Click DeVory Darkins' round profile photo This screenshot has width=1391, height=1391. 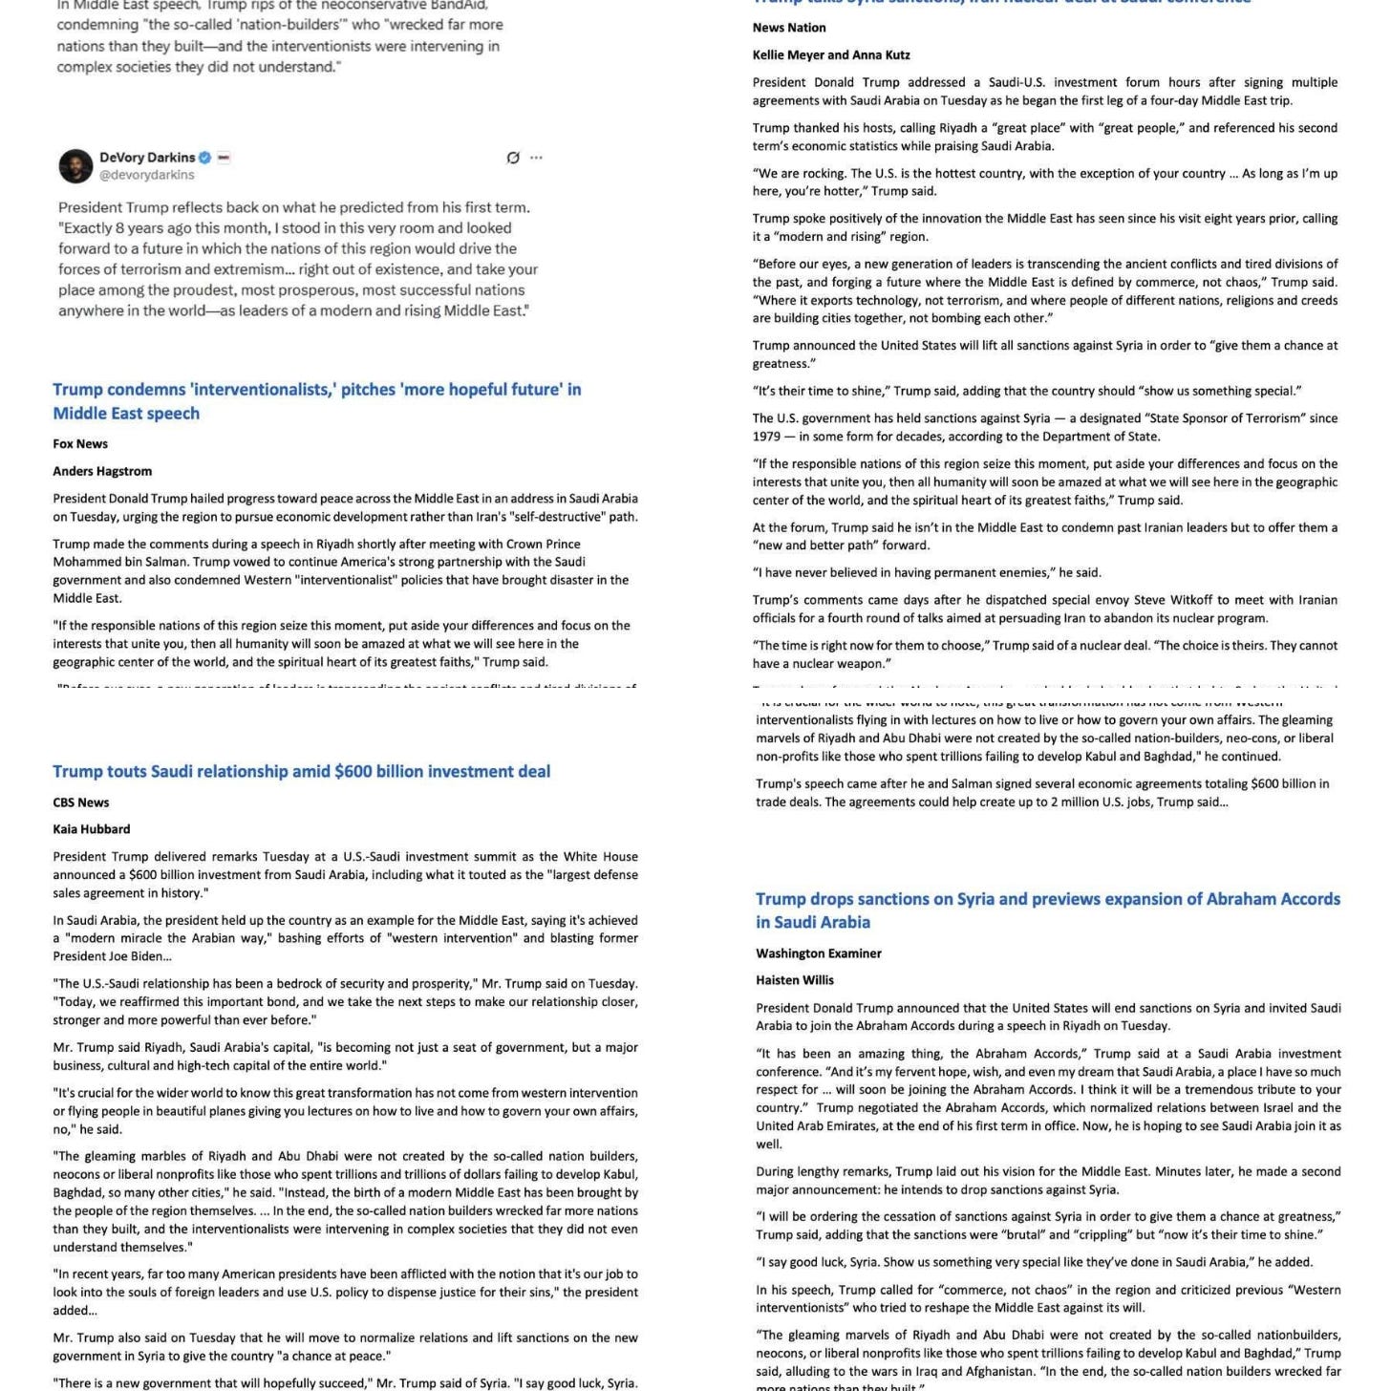75,165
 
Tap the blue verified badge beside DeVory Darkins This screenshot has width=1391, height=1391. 204,158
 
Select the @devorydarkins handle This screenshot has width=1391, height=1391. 146,175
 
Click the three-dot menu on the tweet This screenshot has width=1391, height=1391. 536,158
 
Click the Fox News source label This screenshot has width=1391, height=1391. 80,443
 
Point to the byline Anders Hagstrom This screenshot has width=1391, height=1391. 102,471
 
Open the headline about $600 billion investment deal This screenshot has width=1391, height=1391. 301,771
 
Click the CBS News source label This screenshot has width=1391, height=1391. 81,802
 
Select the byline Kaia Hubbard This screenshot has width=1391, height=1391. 92,829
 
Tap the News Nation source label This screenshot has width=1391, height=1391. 789,28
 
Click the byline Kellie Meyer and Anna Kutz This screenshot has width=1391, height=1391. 831,54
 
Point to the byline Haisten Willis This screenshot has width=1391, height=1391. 795,980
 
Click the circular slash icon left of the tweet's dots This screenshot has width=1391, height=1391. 513,158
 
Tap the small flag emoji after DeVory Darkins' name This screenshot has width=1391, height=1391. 224,158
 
